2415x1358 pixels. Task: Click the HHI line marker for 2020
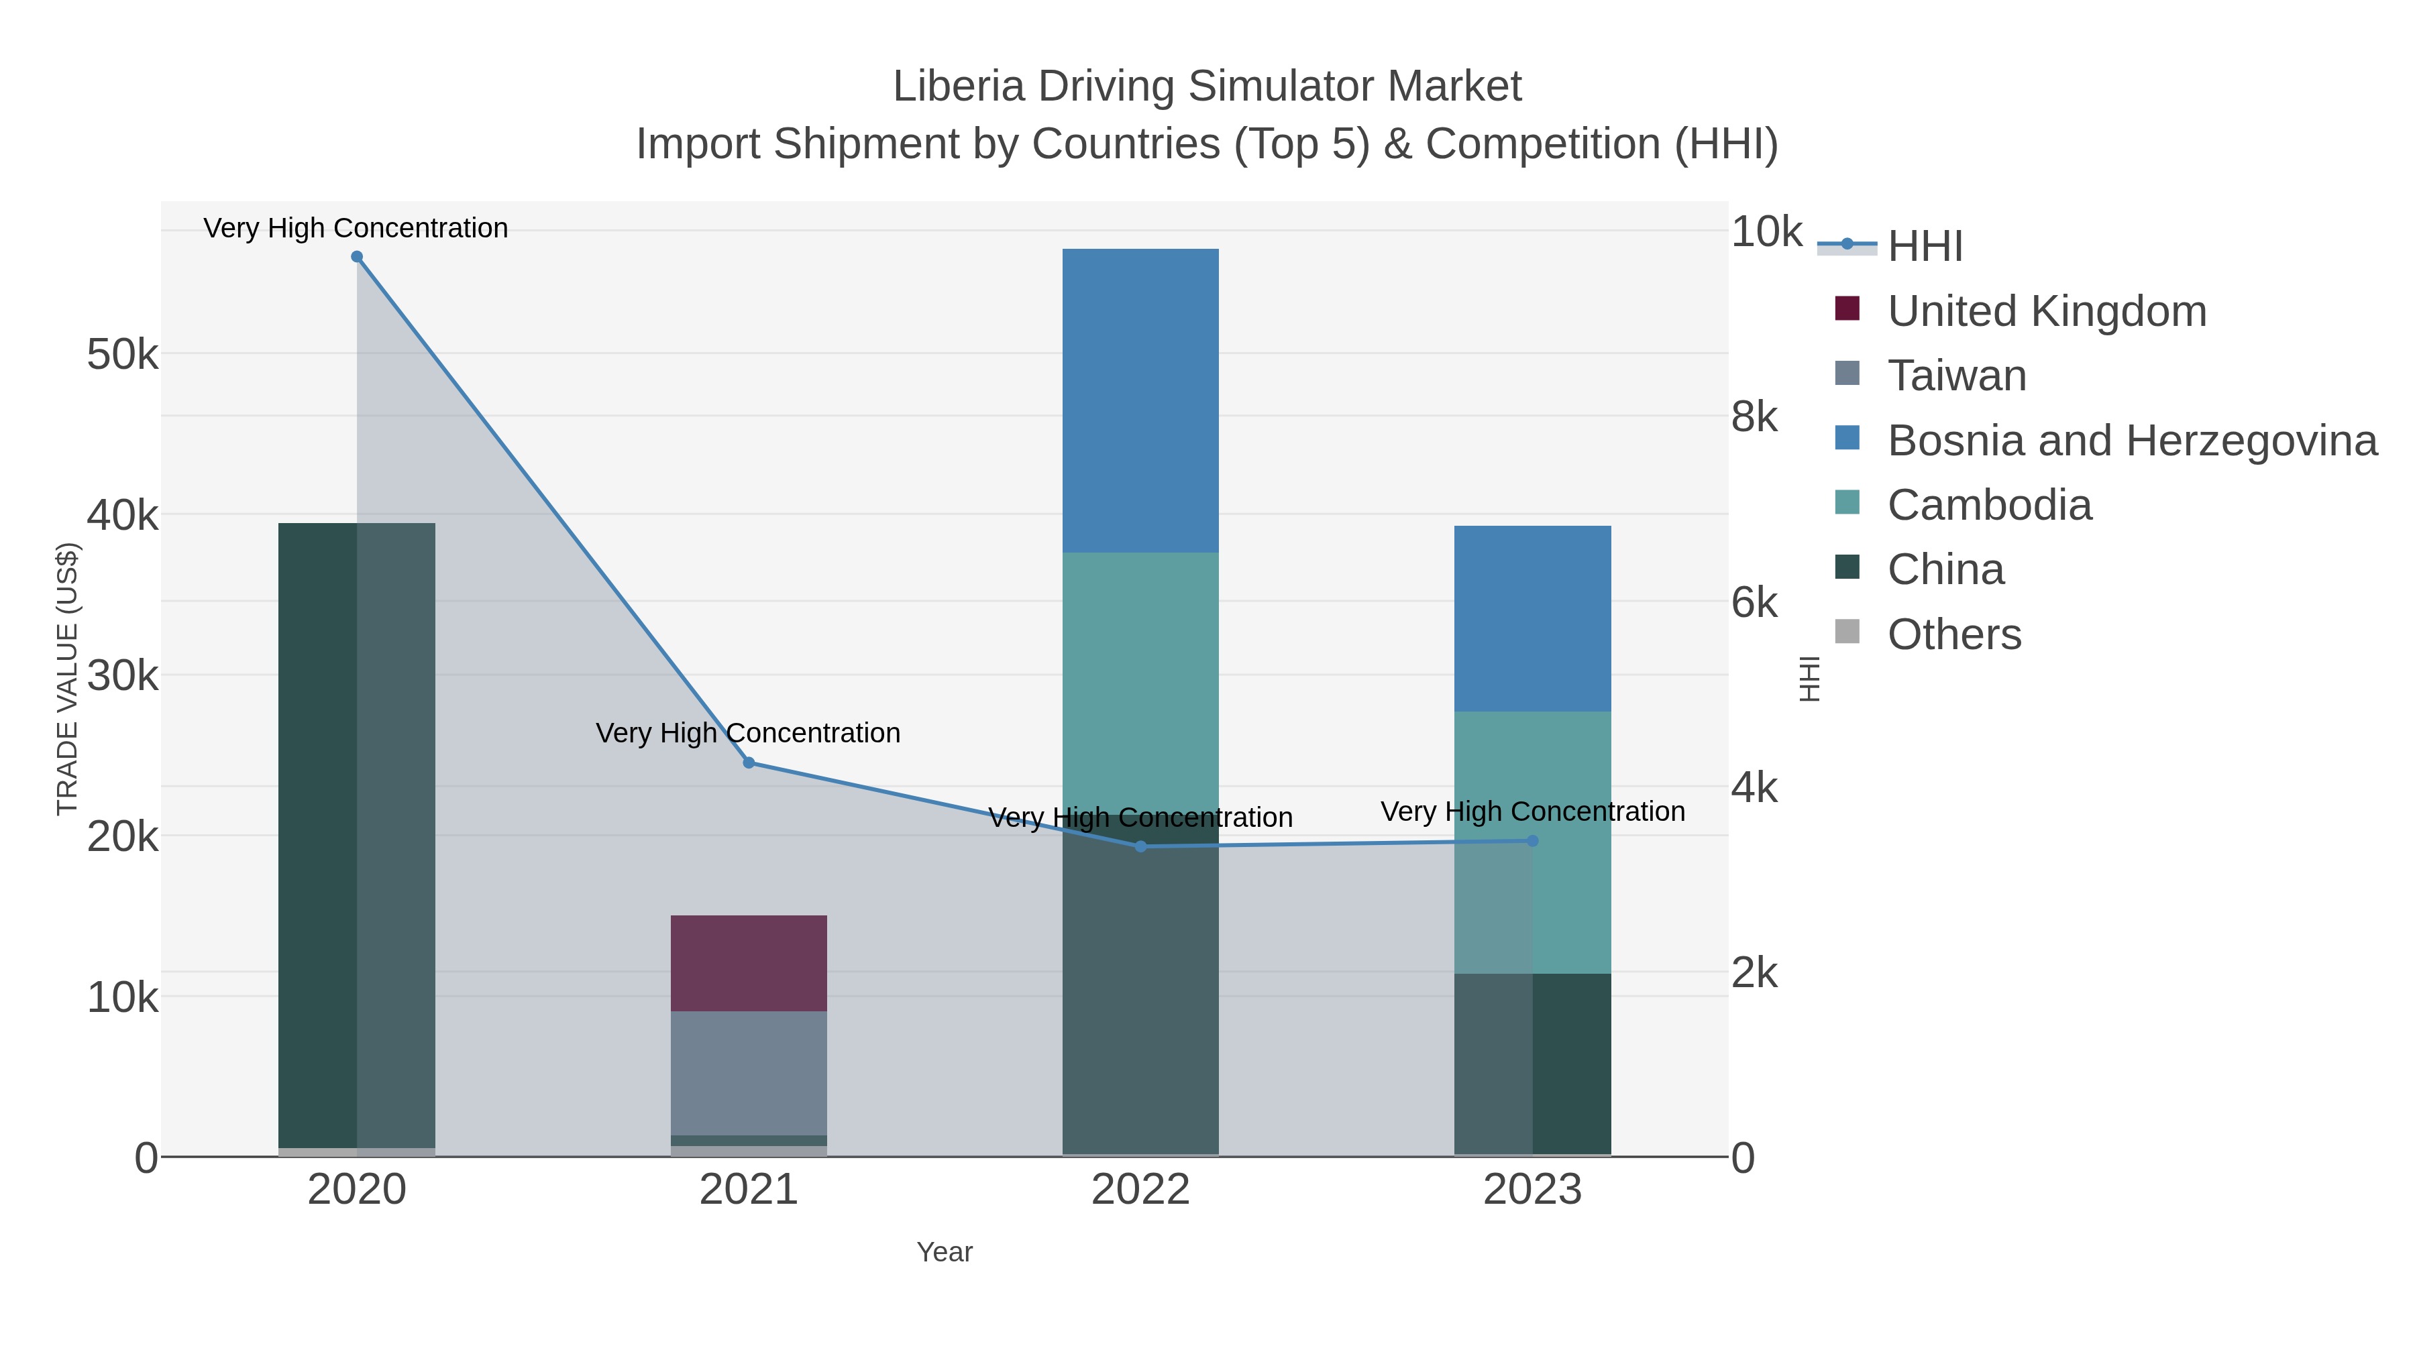[x=356, y=257]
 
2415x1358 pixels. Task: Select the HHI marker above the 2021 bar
[x=748, y=763]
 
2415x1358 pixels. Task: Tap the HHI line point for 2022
[x=1140, y=846]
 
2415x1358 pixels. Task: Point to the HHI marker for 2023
[x=1532, y=841]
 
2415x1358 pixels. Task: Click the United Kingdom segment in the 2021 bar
[x=748, y=962]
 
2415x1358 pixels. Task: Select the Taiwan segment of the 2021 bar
[x=748, y=1072]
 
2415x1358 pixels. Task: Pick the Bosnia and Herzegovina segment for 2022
[x=1140, y=400]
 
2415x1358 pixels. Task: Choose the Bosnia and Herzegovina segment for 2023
[x=1532, y=618]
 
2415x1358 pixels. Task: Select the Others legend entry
[x=1953, y=634]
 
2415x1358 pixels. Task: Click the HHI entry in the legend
[x=1925, y=247]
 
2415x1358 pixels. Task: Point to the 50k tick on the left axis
[x=122, y=354]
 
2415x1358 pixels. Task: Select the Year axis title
[x=944, y=1252]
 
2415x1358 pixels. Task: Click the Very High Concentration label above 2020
[x=356, y=228]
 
